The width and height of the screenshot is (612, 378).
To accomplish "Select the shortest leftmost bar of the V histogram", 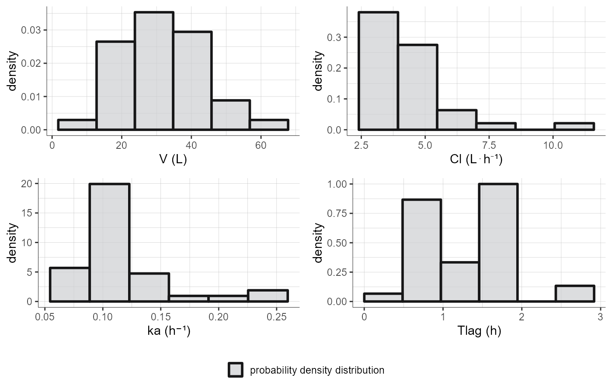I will tap(77, 125).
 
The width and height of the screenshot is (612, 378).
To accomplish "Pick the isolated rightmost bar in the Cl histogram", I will tap(574, 127).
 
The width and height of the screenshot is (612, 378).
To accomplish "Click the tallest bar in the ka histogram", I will tap(109, 243).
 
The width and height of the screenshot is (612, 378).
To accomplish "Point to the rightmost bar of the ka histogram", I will tap(268, 296).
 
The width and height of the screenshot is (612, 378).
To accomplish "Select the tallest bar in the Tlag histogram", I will tap(498, 243).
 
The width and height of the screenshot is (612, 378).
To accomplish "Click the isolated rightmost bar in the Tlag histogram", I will tap(575, 294).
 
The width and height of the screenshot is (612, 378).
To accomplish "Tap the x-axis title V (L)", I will tap(173, 160).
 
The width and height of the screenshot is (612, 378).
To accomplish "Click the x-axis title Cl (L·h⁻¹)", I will tap(476, 160).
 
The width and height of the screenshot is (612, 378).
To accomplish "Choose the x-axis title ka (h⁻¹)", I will tap(169, 331).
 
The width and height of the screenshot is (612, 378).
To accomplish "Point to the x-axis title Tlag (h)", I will tap(479, 331).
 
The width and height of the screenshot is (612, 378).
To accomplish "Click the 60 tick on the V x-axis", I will tap(261, 145).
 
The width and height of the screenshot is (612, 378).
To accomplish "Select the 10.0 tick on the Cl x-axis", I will tap(553, 145).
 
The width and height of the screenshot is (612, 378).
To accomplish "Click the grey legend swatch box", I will tap(235, 370).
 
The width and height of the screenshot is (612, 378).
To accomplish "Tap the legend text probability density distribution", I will tap(317, 371).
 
